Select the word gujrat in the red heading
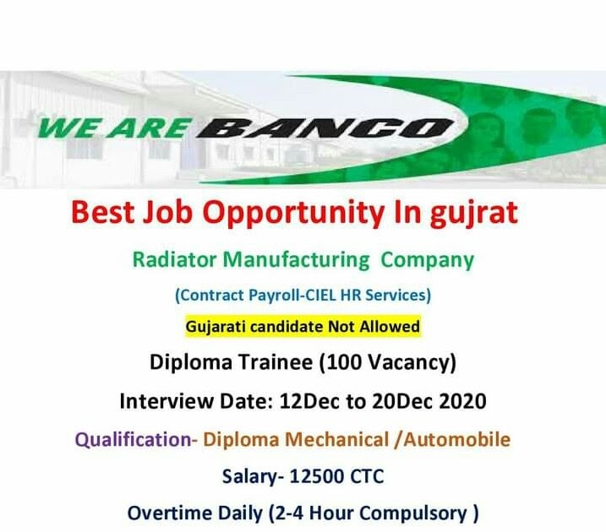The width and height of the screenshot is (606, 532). (472, 212)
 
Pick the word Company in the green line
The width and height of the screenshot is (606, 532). (428, 259)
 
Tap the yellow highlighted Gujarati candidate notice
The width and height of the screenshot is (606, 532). (303, 325)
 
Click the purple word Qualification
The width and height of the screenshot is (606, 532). (135, 439)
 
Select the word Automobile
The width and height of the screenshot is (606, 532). (460, 439)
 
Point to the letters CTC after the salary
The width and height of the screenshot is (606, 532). (365, 476)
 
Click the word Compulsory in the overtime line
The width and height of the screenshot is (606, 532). (419, 513)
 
